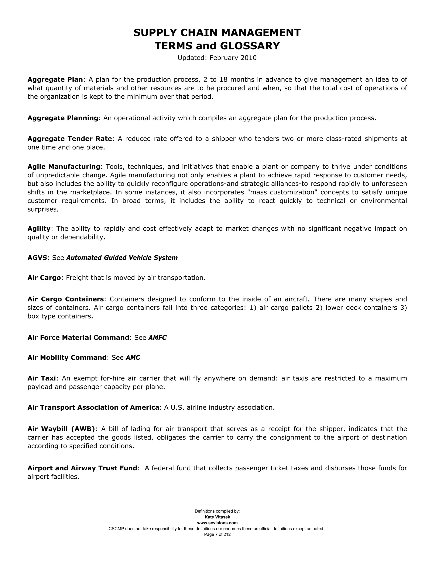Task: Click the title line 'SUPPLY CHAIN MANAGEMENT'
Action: click(217, 33)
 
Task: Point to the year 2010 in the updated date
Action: click(249, 58)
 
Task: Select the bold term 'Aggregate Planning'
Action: click(63, 118)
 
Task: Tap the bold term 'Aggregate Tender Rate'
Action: click(70, 139)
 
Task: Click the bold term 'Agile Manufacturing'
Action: click(64, 167)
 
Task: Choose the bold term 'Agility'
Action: click(39, 229)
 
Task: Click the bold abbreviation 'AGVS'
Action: click(37, 258)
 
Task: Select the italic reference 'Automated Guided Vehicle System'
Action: click(122, 258)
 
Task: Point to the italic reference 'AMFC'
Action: click(157, 338)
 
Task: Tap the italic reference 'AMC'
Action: click(133, 358)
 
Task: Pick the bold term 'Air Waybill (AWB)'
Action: click(61, 429)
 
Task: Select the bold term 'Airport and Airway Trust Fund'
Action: click(82, 468)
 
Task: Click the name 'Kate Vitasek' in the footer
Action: click(217, 517)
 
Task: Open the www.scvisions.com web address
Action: click(217, 523)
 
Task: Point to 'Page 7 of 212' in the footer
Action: click(217, 534)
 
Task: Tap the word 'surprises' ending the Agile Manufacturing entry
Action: click(42, 209)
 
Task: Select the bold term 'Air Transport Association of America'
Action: click(93, 407)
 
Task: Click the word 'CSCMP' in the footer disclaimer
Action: click(116, 529)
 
